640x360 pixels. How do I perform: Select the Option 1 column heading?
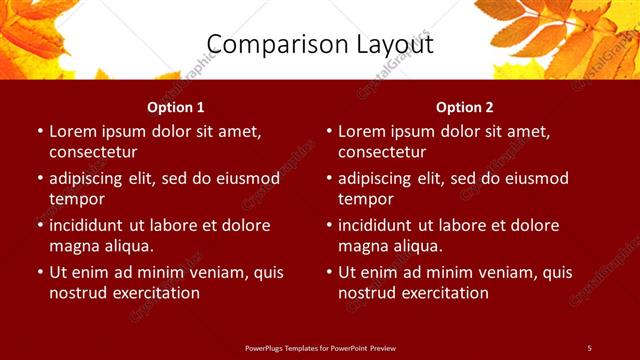[176, 107]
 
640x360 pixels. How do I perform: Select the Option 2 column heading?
[465, 107]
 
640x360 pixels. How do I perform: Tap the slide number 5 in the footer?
[589, 347]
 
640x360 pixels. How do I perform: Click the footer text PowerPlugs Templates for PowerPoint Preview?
[320, 347]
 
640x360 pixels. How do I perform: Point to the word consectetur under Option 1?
[93, 152]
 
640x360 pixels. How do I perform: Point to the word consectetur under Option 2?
[382, 152]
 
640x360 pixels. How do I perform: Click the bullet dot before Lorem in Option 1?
[39, 132]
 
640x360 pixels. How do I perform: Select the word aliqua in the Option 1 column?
[127, 246]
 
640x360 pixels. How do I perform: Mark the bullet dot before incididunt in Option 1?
[39, 226]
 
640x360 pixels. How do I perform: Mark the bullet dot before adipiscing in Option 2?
[328, 179]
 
